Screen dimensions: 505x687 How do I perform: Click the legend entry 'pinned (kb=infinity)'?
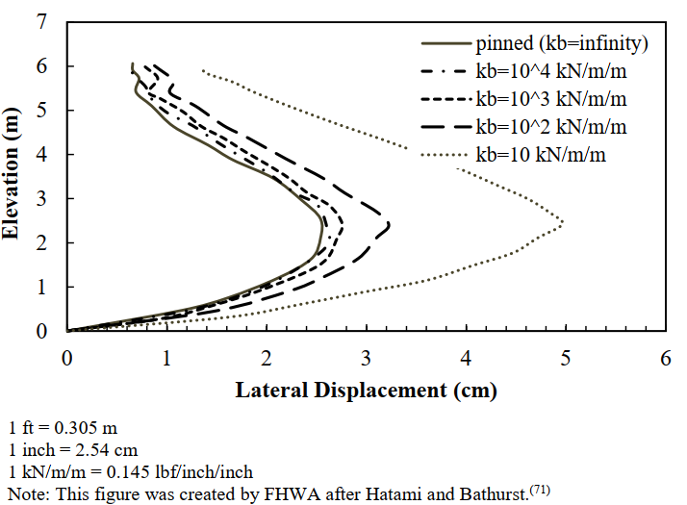point(562,43)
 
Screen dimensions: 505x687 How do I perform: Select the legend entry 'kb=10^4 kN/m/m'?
point(550,71)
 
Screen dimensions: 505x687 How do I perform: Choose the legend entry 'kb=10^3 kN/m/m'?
point(550,98)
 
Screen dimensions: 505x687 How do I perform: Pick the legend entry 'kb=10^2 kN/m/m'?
point(550,126)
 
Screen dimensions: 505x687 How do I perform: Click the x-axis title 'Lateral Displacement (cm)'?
point(367,391)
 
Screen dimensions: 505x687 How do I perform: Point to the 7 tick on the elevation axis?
point(42,22)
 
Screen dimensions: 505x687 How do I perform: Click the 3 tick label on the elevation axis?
point(42,198)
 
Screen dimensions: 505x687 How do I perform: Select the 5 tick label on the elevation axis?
point(42,110)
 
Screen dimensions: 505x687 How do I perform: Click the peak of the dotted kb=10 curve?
point(563,223)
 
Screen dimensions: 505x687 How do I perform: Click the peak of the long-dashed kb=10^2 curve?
point(389,226)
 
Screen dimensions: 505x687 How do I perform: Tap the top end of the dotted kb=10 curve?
point(202,70)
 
